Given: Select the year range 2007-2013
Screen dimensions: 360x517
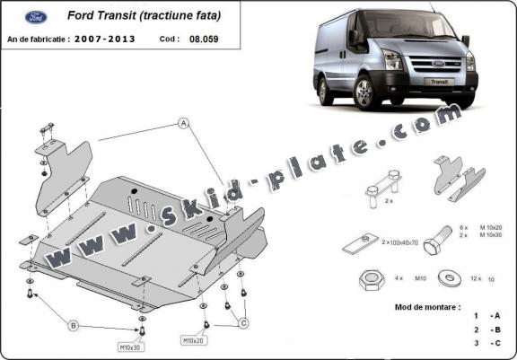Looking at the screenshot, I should [105, 40].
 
